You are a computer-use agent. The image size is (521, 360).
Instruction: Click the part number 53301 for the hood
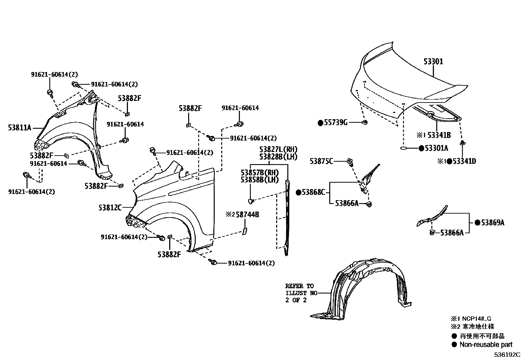pyautogui.click(x=433, y=62)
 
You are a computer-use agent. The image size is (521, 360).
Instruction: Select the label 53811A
pyautogui.click(x=20, y=127)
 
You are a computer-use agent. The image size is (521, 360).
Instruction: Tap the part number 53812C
pyautogui.click(x=110, y=207)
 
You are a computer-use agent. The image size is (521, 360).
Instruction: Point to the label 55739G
pyautogui.click(x=335, y=123)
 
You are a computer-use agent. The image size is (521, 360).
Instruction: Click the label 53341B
pyautogui.click(x=439, y=135)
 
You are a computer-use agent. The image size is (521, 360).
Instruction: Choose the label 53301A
pyautogui.click(x=437, y=148)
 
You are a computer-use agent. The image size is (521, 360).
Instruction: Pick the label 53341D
pyautogui.click(x=464, y=161)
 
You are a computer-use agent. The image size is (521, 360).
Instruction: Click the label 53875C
pyautogui.click(x=322, y=161)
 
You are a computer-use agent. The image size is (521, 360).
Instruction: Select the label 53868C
pyautogui.click(x=313, y=192)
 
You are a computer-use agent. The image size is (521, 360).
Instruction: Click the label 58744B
pyautogui.click(x=247, y=215)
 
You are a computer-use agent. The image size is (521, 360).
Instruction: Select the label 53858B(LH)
pyautogui.click(x=260, y=180)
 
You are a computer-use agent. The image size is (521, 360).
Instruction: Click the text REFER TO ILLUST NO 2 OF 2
pyautogui.click(x=299, y=293)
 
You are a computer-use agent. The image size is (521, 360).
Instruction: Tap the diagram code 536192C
pyautogui.click(x=507, y=355)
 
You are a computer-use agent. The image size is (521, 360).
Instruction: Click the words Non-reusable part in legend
pyautogui.click(x=486, y=344)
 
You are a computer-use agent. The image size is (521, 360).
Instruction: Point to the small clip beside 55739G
pyautogui.click(x=365, y=123)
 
